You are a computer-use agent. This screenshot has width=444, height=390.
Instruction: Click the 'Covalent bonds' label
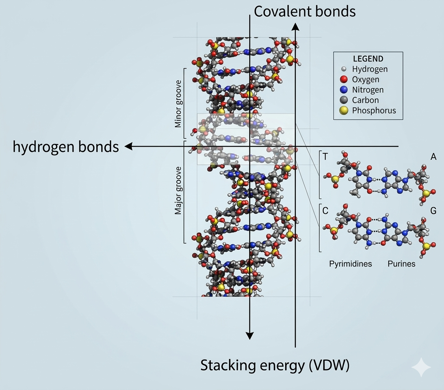[305, 11]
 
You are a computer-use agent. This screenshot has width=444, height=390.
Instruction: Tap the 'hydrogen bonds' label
[66, 147]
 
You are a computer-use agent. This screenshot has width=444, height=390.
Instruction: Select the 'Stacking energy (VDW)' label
[275, 366]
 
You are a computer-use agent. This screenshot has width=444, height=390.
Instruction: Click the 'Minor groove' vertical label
[178, 104]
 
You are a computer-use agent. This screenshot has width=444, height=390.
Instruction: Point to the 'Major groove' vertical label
[178, 192]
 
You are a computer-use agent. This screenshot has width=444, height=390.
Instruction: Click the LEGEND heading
[368, 59]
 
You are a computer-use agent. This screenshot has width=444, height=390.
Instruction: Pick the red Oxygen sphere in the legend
[344, 79]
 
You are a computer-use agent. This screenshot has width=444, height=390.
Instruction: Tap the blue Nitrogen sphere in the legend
[344, 90]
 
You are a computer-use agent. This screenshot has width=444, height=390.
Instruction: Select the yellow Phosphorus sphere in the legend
[344, 110]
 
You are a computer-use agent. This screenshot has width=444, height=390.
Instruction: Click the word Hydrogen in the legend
[370, 69]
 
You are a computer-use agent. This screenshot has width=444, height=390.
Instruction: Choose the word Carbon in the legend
[365, 100]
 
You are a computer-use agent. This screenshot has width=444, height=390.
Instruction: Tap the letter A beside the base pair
[433, 157]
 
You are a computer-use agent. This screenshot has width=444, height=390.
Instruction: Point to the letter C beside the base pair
[325, 211]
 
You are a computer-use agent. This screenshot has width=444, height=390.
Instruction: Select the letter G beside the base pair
[433, 211]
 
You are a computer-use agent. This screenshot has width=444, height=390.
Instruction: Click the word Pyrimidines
[350, 264]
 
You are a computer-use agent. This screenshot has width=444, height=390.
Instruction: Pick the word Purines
[401, 264]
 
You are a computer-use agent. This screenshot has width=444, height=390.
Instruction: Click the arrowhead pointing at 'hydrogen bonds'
[128, 147]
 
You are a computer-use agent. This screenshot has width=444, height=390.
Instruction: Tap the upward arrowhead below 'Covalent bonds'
[295, 26]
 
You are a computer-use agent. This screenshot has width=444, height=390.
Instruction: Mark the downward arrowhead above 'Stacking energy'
[249, 335]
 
